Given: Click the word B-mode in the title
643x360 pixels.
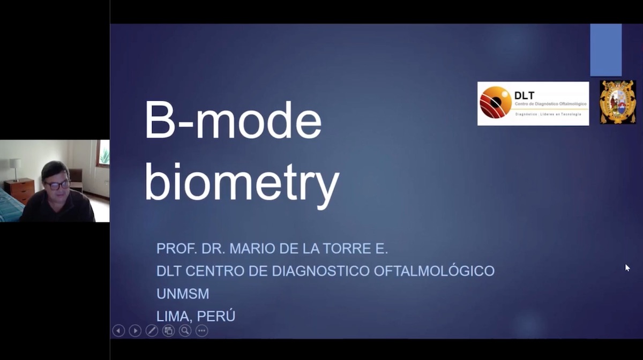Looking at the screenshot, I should click(x=233, y=121).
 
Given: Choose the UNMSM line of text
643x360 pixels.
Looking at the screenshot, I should click(x=183, y=294).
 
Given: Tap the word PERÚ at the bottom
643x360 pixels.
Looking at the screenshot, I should click(x=217, y=316).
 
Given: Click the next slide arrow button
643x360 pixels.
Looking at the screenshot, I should click(x=135, y=331).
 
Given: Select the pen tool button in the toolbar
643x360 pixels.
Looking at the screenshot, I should click(x=152, y=331).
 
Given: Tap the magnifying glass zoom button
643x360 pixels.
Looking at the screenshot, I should click(x=185, y=331).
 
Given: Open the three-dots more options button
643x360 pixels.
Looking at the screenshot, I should click(x=201, y=331).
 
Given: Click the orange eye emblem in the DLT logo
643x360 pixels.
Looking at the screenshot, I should click(x=496, y=102).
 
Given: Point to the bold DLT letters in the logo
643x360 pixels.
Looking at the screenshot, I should click(x=524, y=96).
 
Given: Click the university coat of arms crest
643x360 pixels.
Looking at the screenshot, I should click(x=617, y=102).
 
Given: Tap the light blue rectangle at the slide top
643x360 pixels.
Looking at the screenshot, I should click(x=605, y=50).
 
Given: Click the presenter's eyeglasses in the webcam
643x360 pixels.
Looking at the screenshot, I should click(x=57, y=185).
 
